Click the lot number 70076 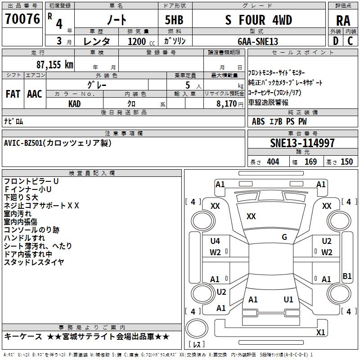[22, 19]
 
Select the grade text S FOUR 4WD [258, 20]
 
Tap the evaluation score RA [343, 21]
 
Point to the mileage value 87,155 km [55, 65]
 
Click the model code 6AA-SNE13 [258, 41]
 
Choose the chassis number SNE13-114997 [302, 143]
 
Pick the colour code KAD [74, 104]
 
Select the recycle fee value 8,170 [227, 104]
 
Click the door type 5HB [174, 20]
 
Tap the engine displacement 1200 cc [141, 41]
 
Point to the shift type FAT [13, 94]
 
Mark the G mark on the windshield [284, 237]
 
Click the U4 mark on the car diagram [215, 241]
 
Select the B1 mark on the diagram [347, 276]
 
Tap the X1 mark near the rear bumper [320, 332]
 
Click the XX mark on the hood [251, 216]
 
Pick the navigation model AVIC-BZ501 [23, 143]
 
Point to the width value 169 [310, 162]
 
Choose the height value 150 [346, 162]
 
